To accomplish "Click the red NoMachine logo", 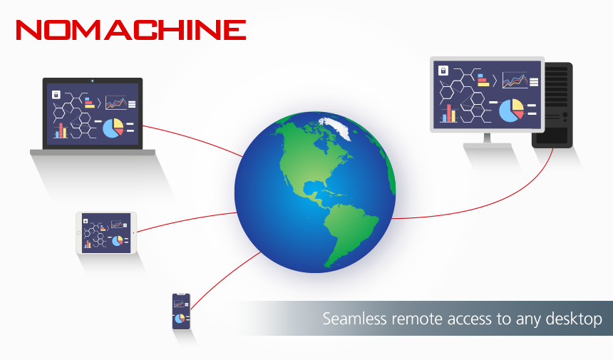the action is pos(130,29).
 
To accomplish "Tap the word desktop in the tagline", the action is pos(573,319).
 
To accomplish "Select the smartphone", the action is pos(181,312).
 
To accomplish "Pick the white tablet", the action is pos(105,233).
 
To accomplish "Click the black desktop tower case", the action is pos(553,105).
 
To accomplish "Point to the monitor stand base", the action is pos(488,145).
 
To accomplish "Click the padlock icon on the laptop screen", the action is pos(56,93).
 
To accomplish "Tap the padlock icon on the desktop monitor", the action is pos(443,71).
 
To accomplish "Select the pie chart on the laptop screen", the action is pos(113,128).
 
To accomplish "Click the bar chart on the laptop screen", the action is pos(61,130).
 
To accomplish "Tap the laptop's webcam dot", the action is pos(93,80).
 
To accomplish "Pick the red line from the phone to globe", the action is pos(221,278).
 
